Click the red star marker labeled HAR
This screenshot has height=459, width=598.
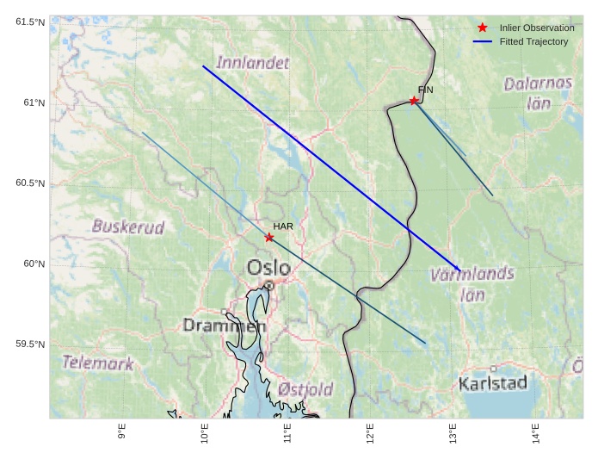point(269,238)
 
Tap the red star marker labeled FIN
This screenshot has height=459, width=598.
point(414,101)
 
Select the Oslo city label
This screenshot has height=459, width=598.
point(268,268)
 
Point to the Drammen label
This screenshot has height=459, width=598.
point(225,326)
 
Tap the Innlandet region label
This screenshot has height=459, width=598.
point(253,63)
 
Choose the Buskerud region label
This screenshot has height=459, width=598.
point(128,227)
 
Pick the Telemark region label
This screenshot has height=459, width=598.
point(98,363)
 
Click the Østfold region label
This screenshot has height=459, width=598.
point(305,390)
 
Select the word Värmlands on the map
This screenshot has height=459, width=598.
point(472,276)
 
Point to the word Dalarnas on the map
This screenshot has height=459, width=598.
point(538,84)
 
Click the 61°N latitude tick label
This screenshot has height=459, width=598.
point(34,103)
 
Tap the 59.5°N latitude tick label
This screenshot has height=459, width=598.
point(30,344)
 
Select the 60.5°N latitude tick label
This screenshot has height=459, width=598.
point(30,183)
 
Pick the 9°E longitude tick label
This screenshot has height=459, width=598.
point(122,431)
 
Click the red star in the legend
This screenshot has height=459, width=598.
point(482,28)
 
